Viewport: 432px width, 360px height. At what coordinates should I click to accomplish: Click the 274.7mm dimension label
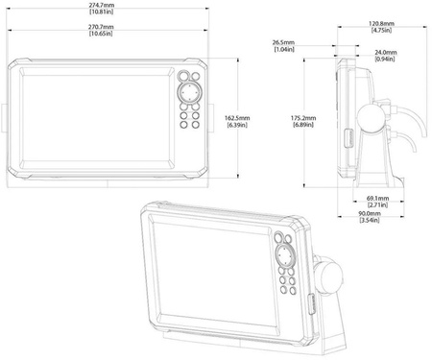102,9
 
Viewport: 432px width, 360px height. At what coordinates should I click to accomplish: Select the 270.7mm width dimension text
101,30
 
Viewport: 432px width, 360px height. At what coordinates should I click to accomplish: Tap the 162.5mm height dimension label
237,122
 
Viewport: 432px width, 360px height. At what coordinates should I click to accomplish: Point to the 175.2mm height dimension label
303,121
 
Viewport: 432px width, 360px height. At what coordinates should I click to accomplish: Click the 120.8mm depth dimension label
381,27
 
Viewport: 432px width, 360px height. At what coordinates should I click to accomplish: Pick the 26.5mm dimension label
284,46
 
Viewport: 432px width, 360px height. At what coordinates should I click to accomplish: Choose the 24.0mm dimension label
385,56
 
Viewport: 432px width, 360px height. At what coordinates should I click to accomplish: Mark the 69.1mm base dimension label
377,202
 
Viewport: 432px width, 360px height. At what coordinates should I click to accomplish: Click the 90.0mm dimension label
370,217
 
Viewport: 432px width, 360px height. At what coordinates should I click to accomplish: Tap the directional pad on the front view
190,92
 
